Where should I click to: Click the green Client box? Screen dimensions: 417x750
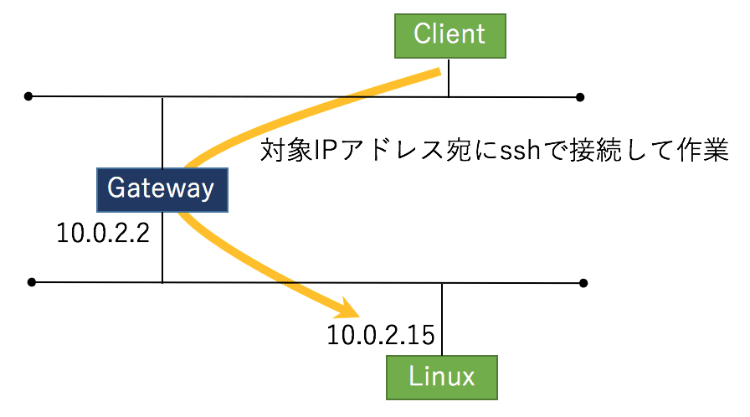tap(449, 34)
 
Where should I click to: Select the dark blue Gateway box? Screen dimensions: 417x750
tap(162, 188)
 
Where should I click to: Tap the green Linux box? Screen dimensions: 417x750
tap(442, 377)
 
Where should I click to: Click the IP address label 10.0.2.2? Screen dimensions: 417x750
tap(103, 233)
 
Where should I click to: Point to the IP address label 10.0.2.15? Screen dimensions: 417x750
tap(380, 336)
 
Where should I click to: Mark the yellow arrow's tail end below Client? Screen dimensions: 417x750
tap(436, 75)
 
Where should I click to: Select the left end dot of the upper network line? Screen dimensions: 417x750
tap(28, 96)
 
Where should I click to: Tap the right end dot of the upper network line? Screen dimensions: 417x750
tap(580, 97)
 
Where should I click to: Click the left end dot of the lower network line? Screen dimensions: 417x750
tap(32, 282)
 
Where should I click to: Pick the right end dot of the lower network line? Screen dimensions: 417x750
tap(583, 283)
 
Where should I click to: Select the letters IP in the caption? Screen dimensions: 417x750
tap(322, 152)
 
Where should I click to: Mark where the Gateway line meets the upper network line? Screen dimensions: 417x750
tap(162, 97)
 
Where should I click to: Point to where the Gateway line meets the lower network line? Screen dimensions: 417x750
tap(162, 282)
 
